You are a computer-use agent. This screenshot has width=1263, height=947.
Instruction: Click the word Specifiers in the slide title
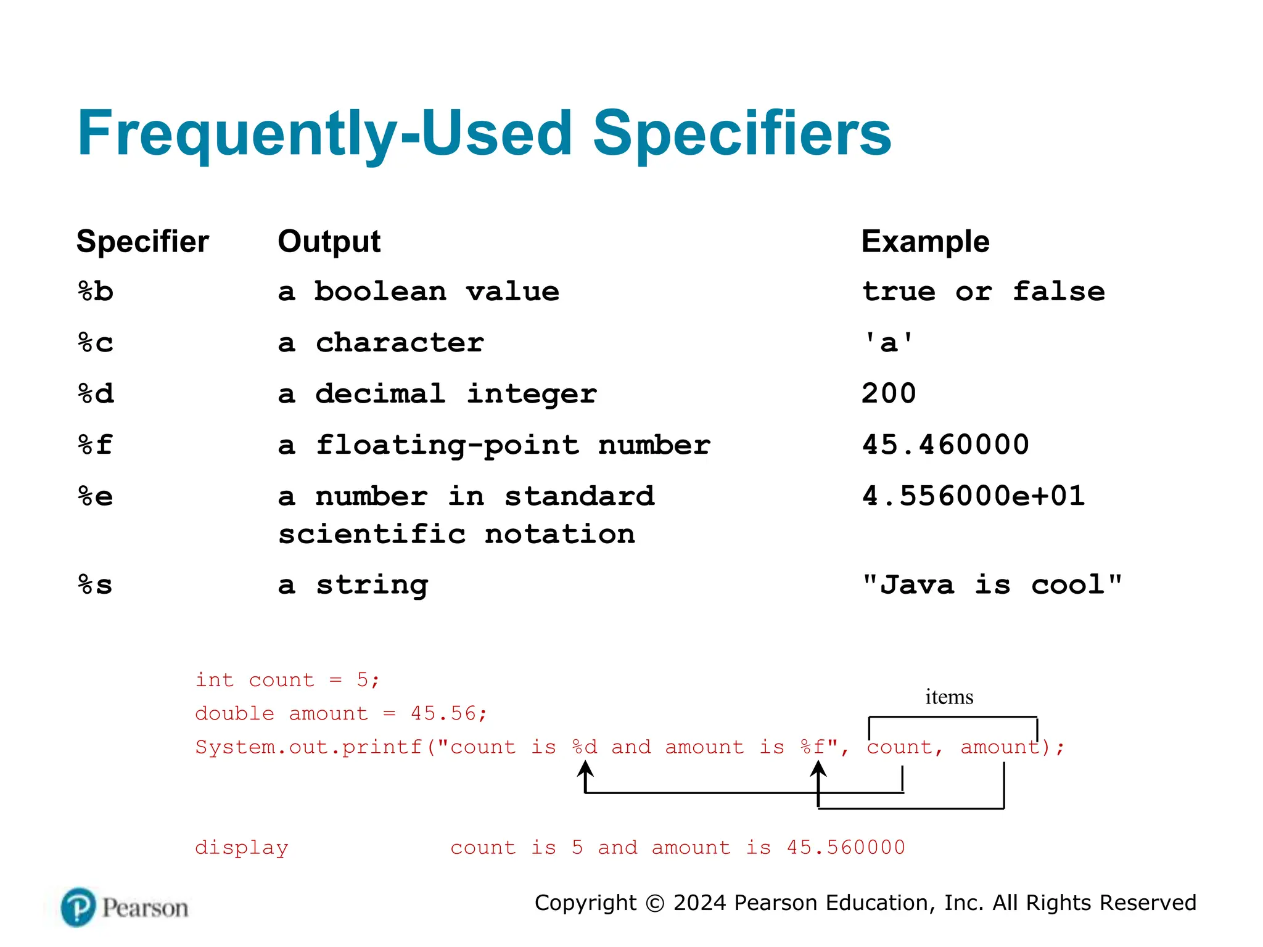point(742,134)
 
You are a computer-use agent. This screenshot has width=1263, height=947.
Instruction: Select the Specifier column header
point(142,241)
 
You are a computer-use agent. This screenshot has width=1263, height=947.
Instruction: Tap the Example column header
point(925,241)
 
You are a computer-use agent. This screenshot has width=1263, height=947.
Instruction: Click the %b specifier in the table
point(96,292)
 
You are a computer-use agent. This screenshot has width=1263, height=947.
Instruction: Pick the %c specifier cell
point(96,343)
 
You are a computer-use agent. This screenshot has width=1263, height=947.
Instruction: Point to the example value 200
point(889,393)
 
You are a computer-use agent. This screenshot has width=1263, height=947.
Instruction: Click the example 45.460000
point(945,445)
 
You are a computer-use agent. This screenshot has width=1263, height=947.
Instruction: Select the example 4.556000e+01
point(973,496)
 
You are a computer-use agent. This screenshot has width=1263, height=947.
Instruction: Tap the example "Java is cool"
point(992,584)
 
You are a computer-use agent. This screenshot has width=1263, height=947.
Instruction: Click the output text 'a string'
point(353,584)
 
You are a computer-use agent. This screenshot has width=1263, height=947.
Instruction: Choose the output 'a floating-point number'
point(494,445)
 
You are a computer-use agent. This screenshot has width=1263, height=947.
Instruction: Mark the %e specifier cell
point(96,496)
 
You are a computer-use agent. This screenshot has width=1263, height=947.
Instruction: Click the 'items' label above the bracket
point(949,697)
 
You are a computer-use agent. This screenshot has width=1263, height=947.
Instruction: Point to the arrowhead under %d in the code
point(585,768)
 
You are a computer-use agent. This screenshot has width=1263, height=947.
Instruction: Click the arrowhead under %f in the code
point(818,768)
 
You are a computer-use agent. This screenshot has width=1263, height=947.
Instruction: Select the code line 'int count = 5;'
point(287,680)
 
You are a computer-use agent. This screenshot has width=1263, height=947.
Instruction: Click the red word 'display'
point(242,848)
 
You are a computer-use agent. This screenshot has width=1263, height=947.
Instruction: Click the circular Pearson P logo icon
point(78,907)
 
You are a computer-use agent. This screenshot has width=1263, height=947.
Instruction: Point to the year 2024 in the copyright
point(699,903)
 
